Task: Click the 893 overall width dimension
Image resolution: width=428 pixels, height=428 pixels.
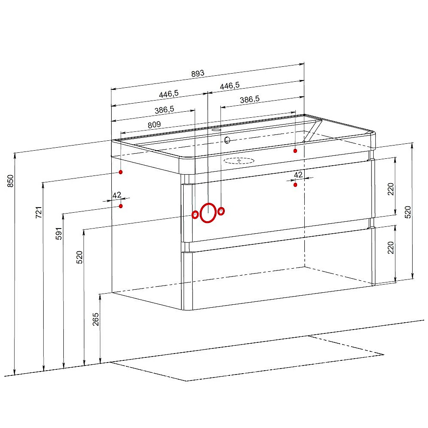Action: point(198,74)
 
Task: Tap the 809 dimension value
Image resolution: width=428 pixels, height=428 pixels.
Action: point(154,125)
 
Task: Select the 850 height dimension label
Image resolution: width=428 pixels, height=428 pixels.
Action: point(10,181)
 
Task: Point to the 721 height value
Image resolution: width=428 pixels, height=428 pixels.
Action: point(39,212)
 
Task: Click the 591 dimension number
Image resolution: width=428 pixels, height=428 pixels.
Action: point(59,233)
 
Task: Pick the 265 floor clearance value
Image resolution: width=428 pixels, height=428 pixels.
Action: point(96,319)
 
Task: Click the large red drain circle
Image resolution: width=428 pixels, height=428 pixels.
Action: point(208,213)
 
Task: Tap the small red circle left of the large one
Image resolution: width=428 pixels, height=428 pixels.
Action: point(195,215)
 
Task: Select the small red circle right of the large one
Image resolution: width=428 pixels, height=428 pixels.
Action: point(221,211)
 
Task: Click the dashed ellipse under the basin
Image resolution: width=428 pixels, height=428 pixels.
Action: point(239,161)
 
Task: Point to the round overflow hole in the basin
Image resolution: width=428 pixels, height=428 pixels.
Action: point(227,140)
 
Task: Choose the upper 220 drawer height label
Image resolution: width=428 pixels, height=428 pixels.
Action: point(391,189)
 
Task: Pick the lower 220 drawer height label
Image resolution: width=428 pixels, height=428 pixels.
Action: point(391,247)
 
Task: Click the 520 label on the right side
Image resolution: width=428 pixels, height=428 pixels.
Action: point(408,212)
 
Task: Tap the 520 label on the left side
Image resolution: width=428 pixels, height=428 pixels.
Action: point(80,257)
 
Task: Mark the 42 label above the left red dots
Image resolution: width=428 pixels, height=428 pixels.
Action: point(117,195)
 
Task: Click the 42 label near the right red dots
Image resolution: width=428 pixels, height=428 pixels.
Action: point(298,175)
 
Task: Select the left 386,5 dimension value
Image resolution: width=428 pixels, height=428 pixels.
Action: point(164,110)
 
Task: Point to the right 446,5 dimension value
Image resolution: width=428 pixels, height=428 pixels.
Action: point(230,86)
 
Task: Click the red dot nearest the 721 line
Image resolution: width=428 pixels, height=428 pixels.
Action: point(121,172)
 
